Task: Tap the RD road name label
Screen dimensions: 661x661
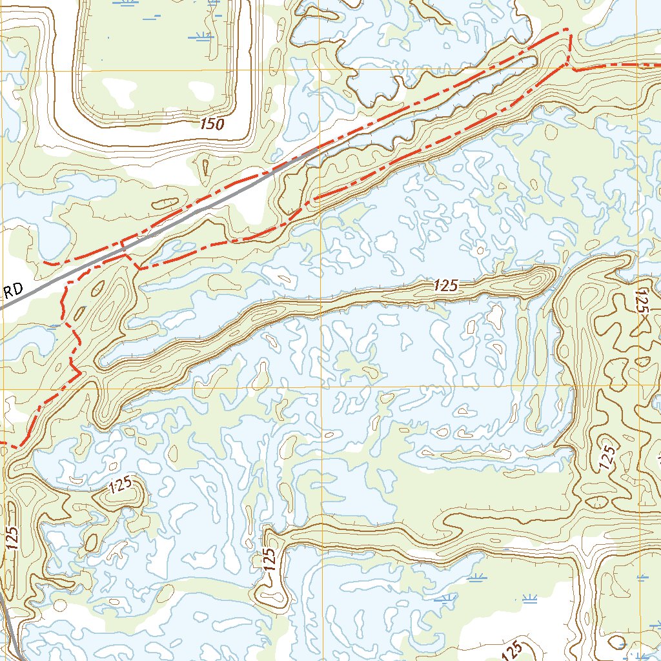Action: coord(13,291)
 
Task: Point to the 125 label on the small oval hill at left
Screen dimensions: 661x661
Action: coord(120,485)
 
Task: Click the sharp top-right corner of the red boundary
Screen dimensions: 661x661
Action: coord(568,29)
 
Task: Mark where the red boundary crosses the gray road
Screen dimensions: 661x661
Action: coord(122,245)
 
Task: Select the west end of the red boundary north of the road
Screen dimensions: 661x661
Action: coord(44,262)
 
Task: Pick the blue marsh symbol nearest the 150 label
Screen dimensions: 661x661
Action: coord(201,36)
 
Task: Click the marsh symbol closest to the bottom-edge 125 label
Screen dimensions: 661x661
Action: coord(530,599)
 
